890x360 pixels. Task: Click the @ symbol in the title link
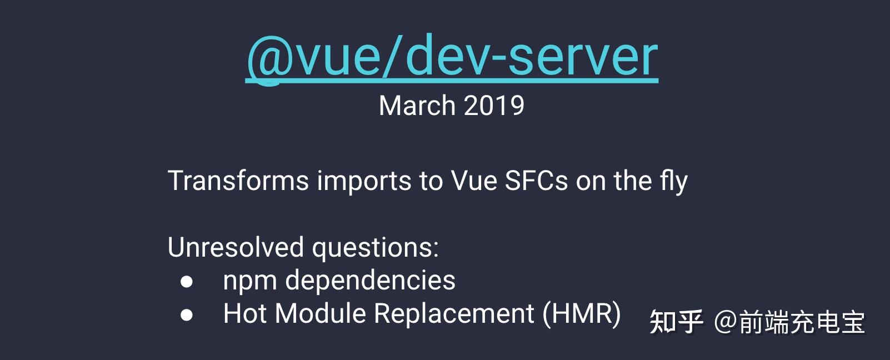[269, 57]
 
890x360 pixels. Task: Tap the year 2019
[494, 106]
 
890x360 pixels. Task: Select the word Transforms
[238, 181]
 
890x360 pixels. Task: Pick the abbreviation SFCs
[536, 181]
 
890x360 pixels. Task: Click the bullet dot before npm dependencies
[187, 282]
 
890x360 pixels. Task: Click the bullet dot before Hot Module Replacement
[187, 315]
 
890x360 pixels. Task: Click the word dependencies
[370, 281]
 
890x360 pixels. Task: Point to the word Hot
[245, 313]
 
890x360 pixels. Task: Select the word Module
[321, 313]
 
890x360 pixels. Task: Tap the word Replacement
[454, 314]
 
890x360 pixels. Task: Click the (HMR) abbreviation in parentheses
[582, 314]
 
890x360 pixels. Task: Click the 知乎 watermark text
[676, 322]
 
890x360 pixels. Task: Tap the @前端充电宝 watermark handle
[789, 322]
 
